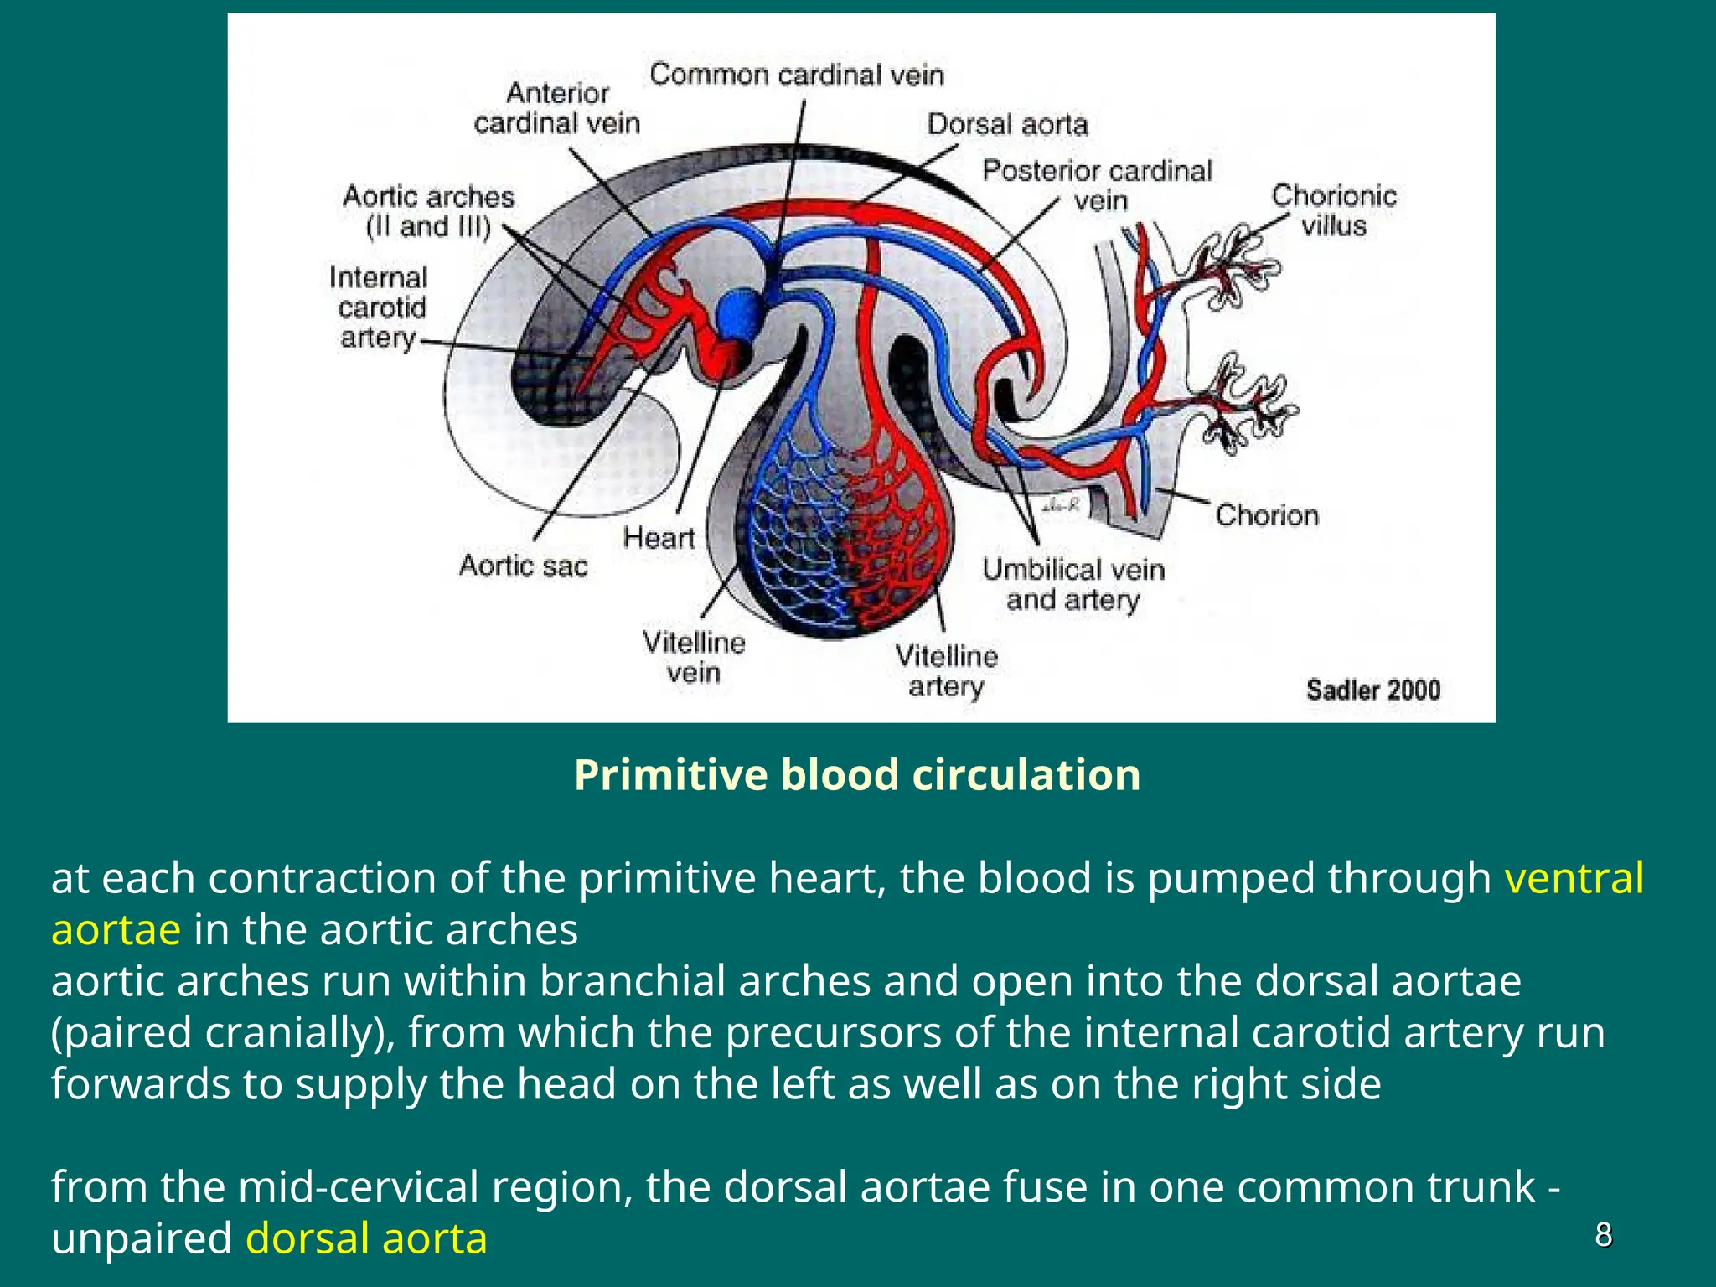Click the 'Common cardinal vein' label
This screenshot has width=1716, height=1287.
pos(797,75)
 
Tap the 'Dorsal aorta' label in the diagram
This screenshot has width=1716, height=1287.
pos(1006,124)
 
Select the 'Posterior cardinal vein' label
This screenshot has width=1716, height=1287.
pos(1097,185)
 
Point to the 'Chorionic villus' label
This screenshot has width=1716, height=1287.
pos(1333,210)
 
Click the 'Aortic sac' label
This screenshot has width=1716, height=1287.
pos(523,566)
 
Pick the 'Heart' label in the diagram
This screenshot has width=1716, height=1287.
pos(659,537)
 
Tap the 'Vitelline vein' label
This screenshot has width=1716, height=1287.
pos(693,658)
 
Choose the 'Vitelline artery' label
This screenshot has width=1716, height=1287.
pos(946,670)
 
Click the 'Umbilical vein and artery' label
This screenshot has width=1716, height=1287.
pos(1072,585)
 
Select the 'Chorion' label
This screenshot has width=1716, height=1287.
pos(1266,514)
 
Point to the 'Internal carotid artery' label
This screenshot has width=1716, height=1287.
pos(379,308)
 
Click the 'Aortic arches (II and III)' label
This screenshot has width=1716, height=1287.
pos(428,211)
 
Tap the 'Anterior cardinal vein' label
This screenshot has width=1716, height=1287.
pos(557,107)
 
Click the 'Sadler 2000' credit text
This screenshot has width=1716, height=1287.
pos(1372,690)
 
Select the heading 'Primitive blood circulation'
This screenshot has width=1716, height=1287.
pos(857,774)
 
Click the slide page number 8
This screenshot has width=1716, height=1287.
pos(1603,1235)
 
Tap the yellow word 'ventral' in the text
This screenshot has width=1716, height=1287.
pos(1574,878)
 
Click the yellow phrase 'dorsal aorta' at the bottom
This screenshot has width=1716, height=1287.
pos(366,1238)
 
